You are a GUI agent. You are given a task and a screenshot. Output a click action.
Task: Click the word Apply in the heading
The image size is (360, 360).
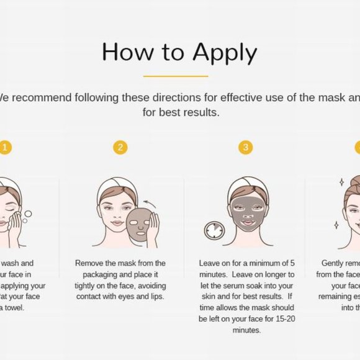pyautogui.click(x=225, y=53)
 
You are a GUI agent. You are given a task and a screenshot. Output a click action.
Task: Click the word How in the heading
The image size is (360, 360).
pyautogui.click(x=125, y=52)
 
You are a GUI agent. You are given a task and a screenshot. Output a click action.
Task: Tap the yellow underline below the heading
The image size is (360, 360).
pyautogui.click(x=175, y=76)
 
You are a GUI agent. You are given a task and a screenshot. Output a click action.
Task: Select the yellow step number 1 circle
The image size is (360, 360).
pyautogui.click(x=5, y=147)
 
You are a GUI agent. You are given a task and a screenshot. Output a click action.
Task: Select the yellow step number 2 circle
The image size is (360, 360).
pyautogui.click(x=120, y=147)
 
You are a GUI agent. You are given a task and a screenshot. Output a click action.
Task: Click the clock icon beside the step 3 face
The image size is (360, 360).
pyautogui.click(x=214, y=230)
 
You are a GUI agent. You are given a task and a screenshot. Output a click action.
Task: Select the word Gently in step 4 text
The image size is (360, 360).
pyautogui.click(x=335, y=263)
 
